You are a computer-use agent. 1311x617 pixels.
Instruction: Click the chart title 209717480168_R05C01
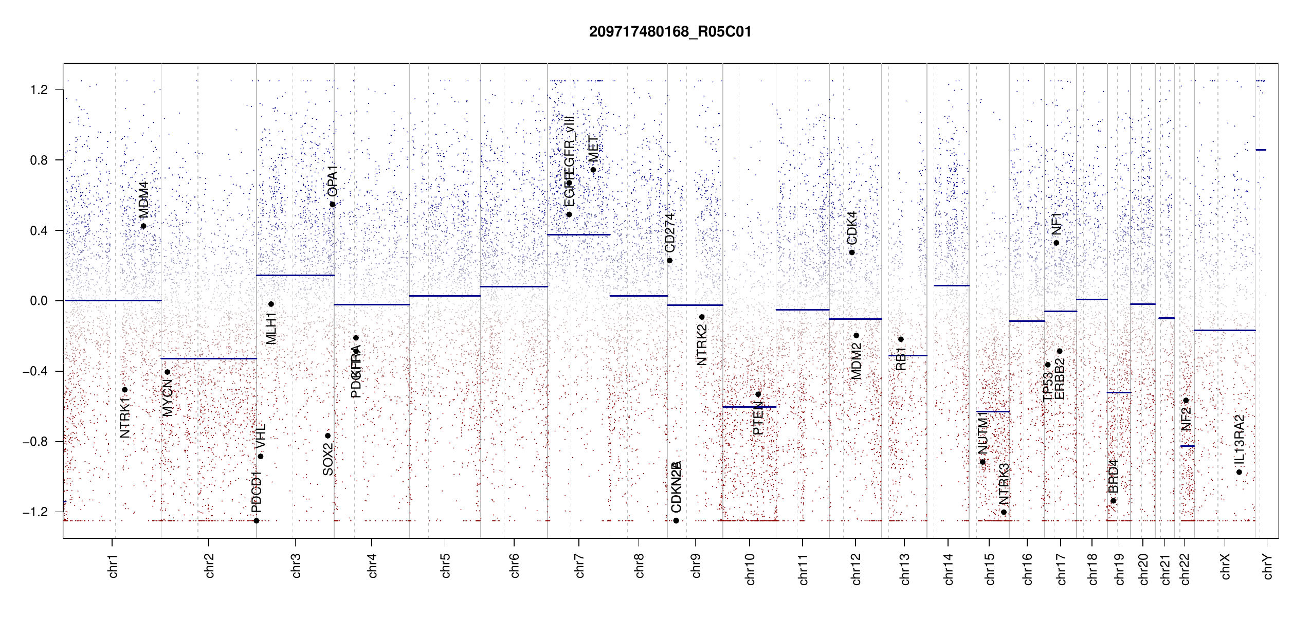click(670, 32)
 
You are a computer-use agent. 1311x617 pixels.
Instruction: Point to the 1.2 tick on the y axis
click(39, 90)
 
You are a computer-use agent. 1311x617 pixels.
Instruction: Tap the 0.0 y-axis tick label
click(39, 301)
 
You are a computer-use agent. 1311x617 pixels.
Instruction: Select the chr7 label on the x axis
click(579, 566)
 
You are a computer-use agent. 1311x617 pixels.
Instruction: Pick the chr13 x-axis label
click(904, 569)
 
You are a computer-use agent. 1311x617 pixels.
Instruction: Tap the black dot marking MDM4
click(143, 226)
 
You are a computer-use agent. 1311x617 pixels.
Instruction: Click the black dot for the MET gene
click(593, 170)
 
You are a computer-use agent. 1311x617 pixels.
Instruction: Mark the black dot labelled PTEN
click(758, 394)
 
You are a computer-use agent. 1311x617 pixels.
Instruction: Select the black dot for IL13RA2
click(1239, 472)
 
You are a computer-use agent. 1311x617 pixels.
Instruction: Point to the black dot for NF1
click(1056, 243)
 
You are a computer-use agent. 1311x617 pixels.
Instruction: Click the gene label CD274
click(669, 233)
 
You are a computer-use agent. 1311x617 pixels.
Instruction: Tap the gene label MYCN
click(168, 397)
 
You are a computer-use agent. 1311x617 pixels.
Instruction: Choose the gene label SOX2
click(327, 459)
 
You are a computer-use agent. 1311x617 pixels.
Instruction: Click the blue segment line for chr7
click(578, 235)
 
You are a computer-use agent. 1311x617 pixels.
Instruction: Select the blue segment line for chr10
click(749, 407)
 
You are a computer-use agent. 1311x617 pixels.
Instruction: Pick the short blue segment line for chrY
click(1261, 150)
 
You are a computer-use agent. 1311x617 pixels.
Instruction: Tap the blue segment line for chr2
click(208, 358)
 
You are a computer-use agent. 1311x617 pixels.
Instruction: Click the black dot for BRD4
click(1113, 501)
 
